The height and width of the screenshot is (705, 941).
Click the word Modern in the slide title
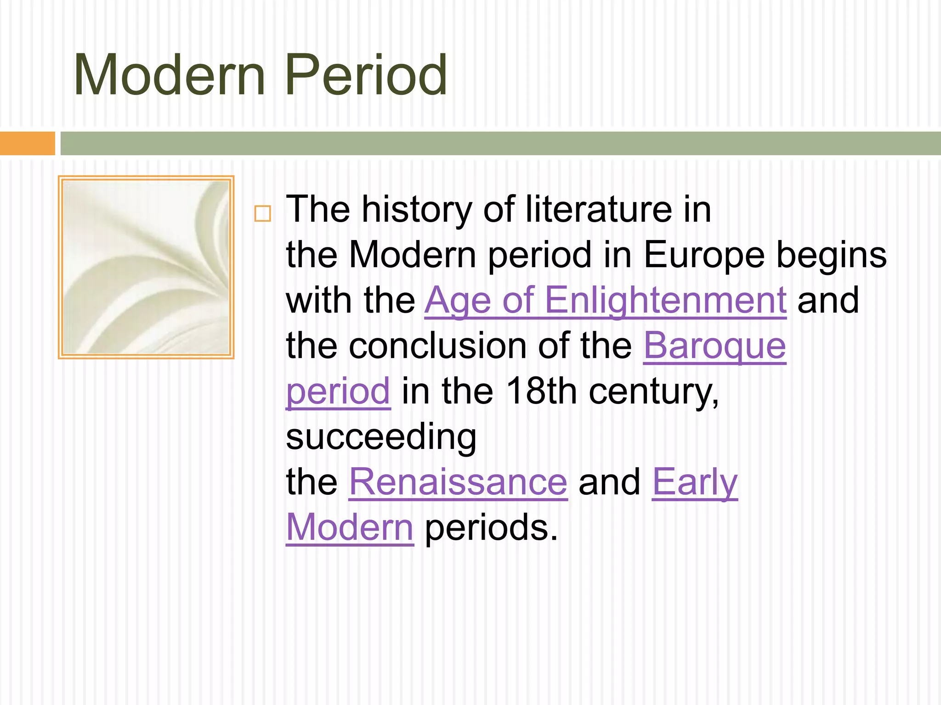pyautogui.click(x=170, y=75)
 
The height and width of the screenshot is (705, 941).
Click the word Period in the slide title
pyautogui.click(x=366, y=75)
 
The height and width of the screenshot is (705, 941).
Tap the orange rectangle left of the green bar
pyautogui.click(x=27, y=143)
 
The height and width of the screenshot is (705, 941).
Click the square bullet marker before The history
pyautogui.click(x=262, y=214)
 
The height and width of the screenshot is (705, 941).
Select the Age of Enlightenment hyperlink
pyautogui.click(x=605, y=301)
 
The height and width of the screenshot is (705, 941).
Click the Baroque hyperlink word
pyautogui.click(x=714, y=346)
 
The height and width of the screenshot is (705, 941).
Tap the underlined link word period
pyautogui.click(x=338, y=392)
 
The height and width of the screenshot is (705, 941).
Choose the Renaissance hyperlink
pyautogui.click(x=458, y=482)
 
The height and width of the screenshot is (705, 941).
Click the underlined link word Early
pyautogui.click(x=695, y=482)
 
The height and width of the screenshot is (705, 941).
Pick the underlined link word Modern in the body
pyautogui.click(x=350, y=528)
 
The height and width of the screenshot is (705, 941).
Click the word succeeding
pyautogui.click(x=381, y=437)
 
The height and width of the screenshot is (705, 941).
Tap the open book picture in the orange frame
pyautogui.click(x=146, y=267)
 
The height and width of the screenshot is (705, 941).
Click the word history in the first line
pyautogui.click(x=417, y=210)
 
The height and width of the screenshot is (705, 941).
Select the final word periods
pyautogui.click(x=491, y=528)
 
